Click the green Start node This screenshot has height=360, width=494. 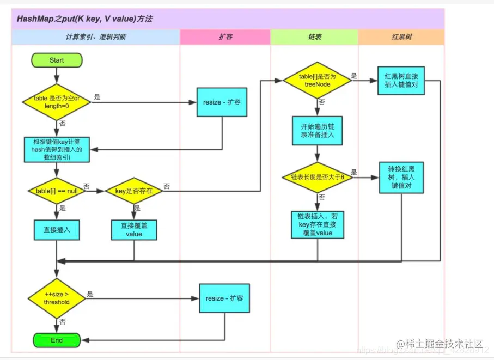[x=57, y=60]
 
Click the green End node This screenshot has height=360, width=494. [x=57, y=340]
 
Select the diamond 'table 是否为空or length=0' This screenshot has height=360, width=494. [x=57, y=102]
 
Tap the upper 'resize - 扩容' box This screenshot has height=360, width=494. [x=222, y=102]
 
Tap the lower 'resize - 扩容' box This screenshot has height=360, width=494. [x=224, y=298]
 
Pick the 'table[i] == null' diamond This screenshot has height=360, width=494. [x=57, y=191]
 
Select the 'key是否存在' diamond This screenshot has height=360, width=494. [x=134, y=191]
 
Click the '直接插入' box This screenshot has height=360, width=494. [x=57, y=229]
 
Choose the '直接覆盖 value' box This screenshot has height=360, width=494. [x=134, y=229]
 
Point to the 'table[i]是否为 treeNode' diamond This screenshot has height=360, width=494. [x=318, y=81]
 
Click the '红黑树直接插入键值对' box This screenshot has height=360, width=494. [x=401, y=81]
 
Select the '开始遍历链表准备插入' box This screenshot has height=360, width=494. [x=318, y=130]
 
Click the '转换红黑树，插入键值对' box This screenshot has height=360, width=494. [x=401, y=178]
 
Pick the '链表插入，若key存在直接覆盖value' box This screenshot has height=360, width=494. [x=318, y=224]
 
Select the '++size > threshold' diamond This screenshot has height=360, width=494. [x=57, y=298]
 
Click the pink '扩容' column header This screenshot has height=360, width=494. [x=225, y=37]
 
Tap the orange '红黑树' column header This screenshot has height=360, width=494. [x=401, y=37]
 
